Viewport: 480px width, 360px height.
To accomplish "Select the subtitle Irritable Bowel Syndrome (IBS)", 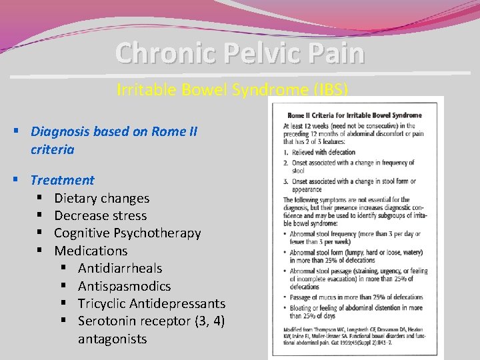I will (232, 89).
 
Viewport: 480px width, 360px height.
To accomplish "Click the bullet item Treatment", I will (62, 180).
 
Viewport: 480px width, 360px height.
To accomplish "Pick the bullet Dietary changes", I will (101, 198).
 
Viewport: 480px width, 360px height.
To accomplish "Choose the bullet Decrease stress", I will (100, 215).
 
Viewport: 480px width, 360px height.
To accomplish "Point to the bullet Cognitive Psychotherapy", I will (127, 233).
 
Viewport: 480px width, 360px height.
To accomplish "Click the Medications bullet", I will (91, 251).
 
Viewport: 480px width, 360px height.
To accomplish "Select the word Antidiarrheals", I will (120, 268).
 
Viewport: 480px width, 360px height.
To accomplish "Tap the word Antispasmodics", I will (124, 286).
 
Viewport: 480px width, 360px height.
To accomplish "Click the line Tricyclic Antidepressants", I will (151, 303).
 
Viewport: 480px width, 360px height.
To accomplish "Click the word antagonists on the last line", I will (112, 339).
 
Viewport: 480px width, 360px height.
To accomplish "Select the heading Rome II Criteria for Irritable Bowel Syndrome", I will (354, 115).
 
